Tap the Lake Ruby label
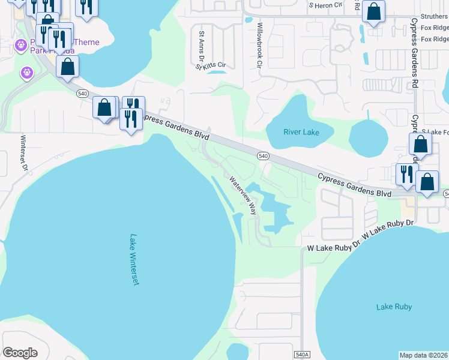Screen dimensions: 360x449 pyautogui.click(x=394, y=307)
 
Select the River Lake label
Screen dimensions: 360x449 pyautogui.click(x=301, y=132)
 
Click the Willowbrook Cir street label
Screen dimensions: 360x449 pyautogui.click(x=259, y=46)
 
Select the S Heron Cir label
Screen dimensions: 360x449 pyautogui.click(x=325, y=5)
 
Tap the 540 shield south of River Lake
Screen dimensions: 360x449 pyautogui.click(x=262, y=156)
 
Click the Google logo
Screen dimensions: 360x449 pyautogui.click(x=20, y=353)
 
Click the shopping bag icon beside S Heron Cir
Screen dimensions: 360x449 pyautogui.click(x=373, y=12)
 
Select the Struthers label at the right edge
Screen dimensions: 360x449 pyautogui.click(x=434, y=16)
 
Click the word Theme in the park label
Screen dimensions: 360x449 pyautogui.click(x=86, y=42)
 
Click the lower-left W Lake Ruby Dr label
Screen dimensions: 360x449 pyautogui.click(x=333, y=247)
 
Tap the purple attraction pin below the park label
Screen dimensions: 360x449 pyautogui.click(x=26, y=73)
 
